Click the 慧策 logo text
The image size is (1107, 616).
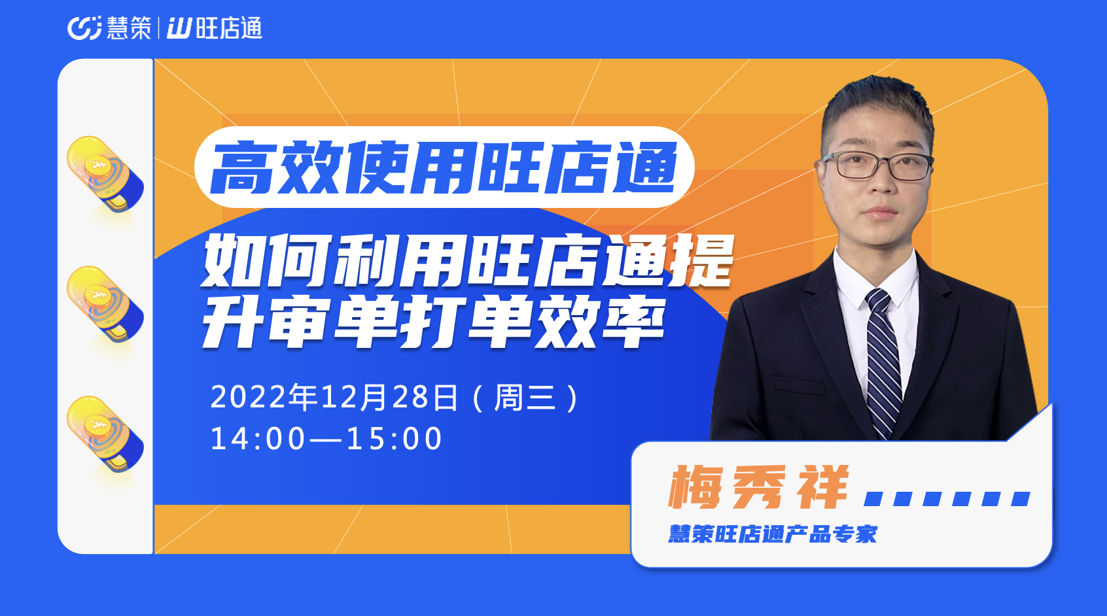click(x=128, y=27)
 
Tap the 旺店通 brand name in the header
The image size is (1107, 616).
click(x=228, y=27)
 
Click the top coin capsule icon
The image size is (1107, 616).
click(x=105, y=175)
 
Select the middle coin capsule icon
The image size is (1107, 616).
click(x=105, y=304)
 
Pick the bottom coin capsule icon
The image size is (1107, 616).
click(x=105, y=434)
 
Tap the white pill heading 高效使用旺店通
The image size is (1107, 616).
click(x=444, y=167)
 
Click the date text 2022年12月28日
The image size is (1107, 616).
click(x=334, y=397)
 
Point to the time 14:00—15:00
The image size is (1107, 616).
click(x=326, y=438)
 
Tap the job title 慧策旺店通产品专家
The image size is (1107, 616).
click(x=773, y=534)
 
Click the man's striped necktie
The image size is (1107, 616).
click(x=883, y=362)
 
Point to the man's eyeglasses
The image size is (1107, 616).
click(x=877, y=166)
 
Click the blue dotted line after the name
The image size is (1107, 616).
click(x=947, y=499)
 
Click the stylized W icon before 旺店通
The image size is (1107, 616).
click(x=179, y=28)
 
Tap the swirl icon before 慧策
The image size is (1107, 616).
click(x=84, y=27)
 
